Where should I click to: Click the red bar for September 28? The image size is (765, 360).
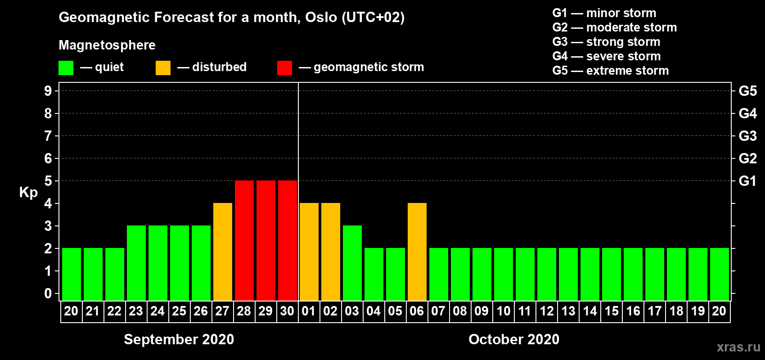click(244, 240)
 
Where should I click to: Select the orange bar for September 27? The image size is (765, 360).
click(223, 252)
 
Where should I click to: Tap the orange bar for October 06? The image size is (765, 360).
click(417, 252)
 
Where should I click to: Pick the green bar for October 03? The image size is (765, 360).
click(352, 263)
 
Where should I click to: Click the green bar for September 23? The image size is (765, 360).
click(136, 263)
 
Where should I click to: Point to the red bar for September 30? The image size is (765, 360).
click(288, 240)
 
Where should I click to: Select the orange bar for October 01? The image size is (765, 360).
click(309, 252)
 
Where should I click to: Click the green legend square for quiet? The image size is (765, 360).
click(66, 67)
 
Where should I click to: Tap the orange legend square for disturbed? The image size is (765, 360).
click(163, 67)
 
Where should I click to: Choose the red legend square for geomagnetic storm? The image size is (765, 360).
click(285, 67)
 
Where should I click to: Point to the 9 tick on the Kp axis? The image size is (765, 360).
click(48, 91)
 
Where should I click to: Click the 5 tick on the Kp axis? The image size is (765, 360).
click(48, 181)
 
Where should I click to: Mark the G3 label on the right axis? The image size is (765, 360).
click(748, 136)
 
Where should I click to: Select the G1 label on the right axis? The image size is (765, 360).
click(747, 181)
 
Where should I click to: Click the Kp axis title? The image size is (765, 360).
click(28, 193)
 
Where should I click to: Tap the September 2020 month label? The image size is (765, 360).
click(179, 339)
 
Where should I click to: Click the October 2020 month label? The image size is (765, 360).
click(514, 339)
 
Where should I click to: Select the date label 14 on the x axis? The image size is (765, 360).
click(590, 311)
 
